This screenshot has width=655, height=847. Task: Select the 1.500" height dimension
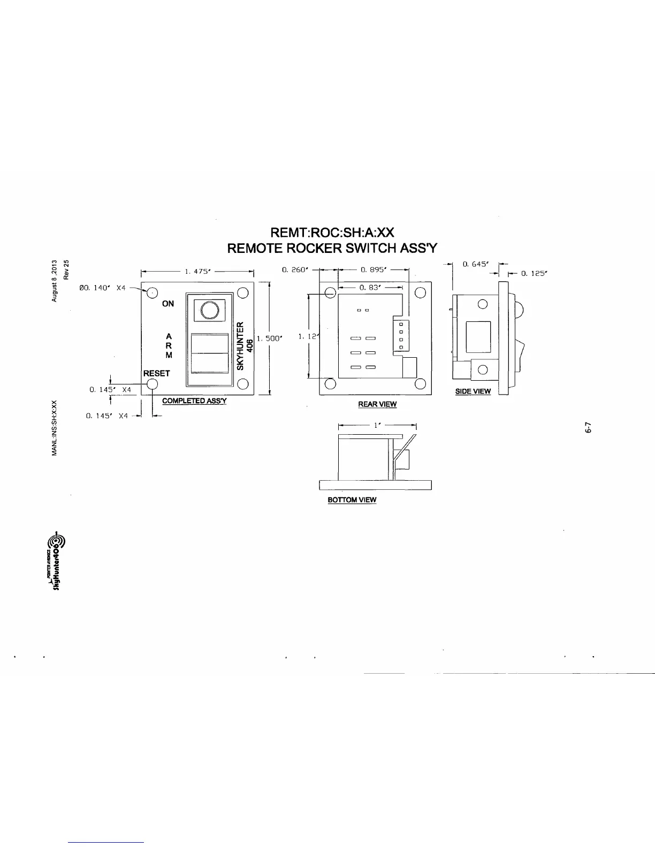tap(270, 338)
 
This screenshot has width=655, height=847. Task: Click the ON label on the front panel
tap(168, 304)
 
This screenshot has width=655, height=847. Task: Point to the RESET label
tap(156, 373)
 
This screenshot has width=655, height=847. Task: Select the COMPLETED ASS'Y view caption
tap(194, 401)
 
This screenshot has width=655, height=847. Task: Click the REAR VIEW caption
tap(377, 404)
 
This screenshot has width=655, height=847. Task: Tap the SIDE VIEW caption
tap(473, 391)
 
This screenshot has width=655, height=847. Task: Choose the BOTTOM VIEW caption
tap(352, 500)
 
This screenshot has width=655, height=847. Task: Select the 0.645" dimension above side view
tap(473, 264)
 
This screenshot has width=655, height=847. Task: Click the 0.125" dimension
tap(533, 273)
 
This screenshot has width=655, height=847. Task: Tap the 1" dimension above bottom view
tap(377, 425)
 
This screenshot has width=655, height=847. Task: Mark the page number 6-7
tap(588, 428)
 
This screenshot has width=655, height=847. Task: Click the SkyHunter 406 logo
tap(56, 562)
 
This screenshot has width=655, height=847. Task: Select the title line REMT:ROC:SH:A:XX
tap(332, 233)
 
